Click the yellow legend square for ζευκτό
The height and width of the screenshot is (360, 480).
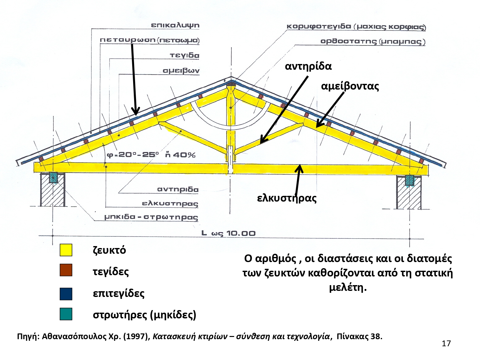(66, 250)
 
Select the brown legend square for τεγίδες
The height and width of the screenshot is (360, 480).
(66, 270)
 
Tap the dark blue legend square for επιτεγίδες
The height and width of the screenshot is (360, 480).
(66, 294)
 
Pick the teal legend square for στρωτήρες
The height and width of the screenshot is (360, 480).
(66, 314)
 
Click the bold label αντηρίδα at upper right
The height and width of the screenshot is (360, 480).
(308, 66)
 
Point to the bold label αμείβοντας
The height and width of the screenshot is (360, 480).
(350, 86)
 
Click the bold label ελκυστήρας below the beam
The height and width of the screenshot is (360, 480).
(287, 198)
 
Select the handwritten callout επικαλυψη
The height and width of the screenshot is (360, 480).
(175, 25)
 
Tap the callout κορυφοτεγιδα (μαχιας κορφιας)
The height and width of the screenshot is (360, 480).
(356, 27)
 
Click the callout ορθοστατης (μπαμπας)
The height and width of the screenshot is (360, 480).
(372, 42)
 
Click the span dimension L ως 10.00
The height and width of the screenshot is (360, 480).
(228, 233)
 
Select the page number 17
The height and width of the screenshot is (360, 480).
(446, 344)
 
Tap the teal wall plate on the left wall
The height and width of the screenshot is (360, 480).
(53, 178)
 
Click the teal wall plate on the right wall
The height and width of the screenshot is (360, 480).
(409, 180)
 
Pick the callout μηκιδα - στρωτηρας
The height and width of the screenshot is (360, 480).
(151, 217)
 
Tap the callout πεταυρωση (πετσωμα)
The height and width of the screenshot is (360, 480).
(149, 40)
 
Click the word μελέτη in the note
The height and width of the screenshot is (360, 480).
(347, 287)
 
